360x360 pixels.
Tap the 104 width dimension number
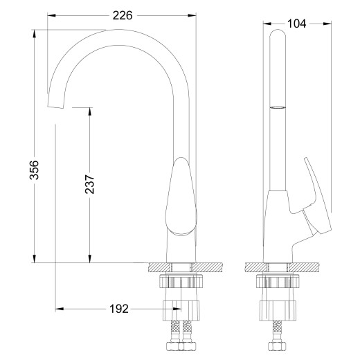click(x=296, y=24)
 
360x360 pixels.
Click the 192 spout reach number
click(x=119, y=309)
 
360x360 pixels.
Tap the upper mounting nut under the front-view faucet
click(x=181, y=282)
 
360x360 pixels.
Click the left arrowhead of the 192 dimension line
click(x=59, y=309)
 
